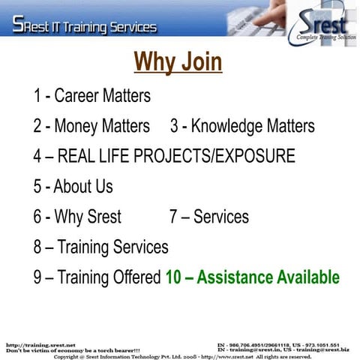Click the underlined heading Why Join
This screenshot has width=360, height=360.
click(178, 62)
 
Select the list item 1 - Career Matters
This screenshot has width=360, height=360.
click(91, 96)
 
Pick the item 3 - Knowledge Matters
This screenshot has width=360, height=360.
click(242, 126)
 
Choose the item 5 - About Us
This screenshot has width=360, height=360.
click(73, 186)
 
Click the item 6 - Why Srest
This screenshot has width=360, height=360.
click(77, 217)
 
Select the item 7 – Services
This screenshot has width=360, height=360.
click(209, 217)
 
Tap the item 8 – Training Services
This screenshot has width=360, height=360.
click(100, 247)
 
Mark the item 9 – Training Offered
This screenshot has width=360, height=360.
click(97, 277)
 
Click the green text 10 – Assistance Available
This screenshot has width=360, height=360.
click(252, 277)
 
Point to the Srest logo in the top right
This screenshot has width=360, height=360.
click(319, 24)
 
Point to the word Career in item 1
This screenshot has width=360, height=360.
click(79, 96)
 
